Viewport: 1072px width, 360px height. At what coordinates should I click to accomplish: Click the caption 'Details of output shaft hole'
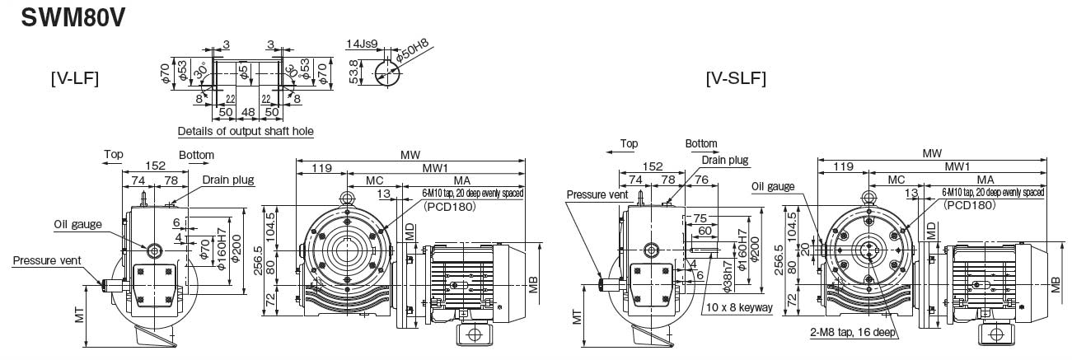click(246, 131)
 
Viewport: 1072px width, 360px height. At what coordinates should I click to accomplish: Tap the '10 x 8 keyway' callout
click(738, 308)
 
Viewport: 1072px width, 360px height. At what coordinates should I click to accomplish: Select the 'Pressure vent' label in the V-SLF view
click(597, 195)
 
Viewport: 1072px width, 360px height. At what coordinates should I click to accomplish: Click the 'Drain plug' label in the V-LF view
click(228, 180)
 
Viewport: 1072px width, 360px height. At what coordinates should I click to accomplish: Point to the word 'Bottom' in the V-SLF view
click(700, 143)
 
